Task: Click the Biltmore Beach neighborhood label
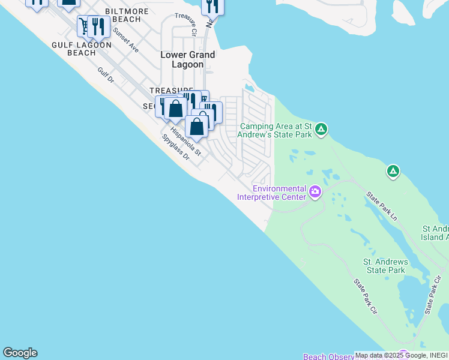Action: [x=122, y=15]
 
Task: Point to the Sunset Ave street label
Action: [x=126, y=40]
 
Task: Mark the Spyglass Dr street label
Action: [x=175, y=148]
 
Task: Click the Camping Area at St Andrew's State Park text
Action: [x=277, y=130]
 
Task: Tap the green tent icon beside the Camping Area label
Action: [x=321, y=129]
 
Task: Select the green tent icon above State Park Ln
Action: [x=393, y=172]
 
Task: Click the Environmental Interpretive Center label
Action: [x=272, y=192]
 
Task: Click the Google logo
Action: [x=20, y=353]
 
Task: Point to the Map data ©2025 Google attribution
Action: [x=401, y=355]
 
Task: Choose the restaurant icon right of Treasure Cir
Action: [x=212, y=6]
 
